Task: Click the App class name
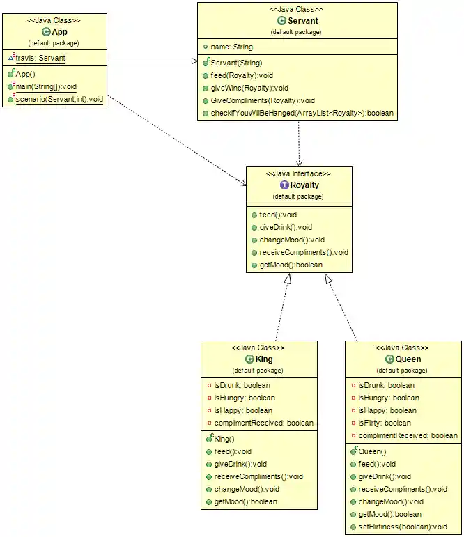coord(59,32)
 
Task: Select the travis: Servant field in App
coord(41,59)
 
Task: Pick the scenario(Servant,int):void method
coord(59,100)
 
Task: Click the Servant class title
coord(303,21)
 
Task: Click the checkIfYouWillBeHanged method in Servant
coord(302,113)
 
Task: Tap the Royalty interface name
coord(304,185)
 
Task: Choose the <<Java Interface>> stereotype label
coord(298,173)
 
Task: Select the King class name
coord(264,359)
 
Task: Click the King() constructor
coord(224,439)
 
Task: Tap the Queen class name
coord(408,359)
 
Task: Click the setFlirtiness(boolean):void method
coord(402,527)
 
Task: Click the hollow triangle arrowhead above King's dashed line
coord(287,279)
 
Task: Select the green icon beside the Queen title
coord(389,359)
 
